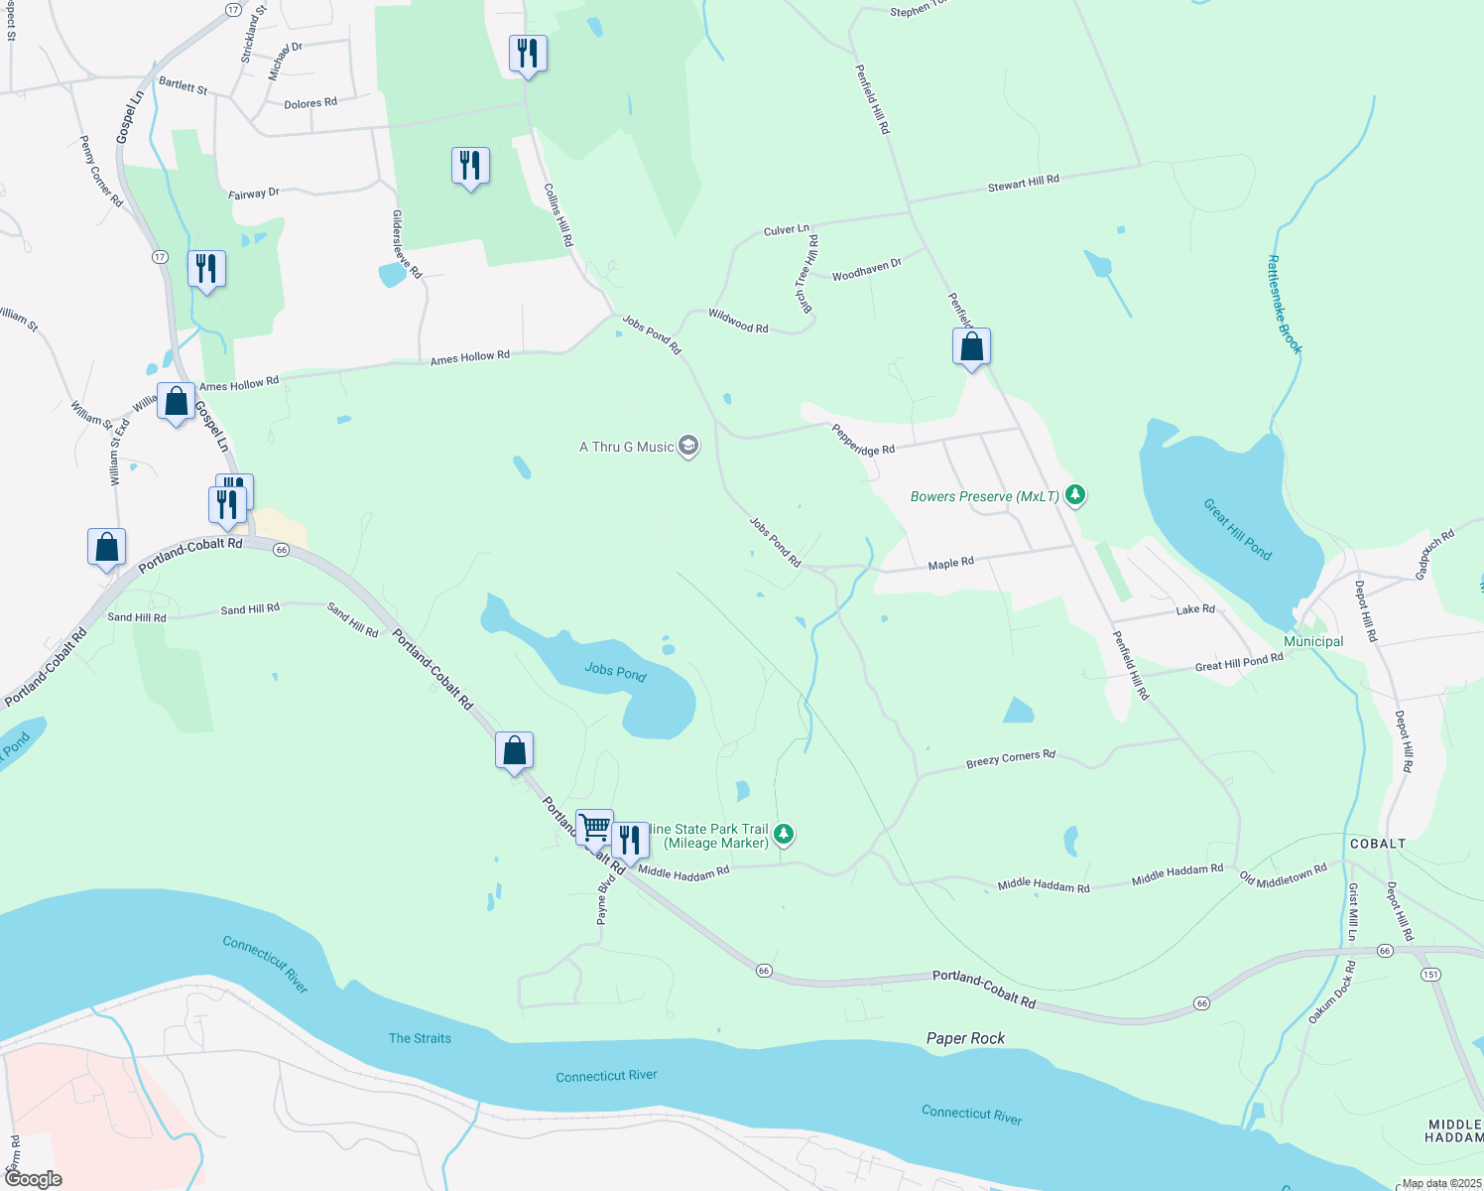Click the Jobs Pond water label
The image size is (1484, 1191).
(615, 672)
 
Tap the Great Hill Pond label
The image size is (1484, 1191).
(1237, 530)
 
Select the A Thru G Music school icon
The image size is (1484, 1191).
(688, 447)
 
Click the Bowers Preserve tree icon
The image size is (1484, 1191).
(1074, 495)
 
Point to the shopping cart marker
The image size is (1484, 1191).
(594, 827)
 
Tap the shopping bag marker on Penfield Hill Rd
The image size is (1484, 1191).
(971, 347)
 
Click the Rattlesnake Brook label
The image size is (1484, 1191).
(1284, 305)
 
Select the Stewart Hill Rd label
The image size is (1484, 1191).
(1023, 183)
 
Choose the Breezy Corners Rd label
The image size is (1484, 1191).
(1010, 759)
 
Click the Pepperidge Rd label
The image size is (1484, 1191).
(862, 440)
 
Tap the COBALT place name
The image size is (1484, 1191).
(1377, 844)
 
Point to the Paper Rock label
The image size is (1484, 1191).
(965, 1038)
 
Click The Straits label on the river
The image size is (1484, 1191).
(420, 1038)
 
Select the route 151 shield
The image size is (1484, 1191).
(1430, 975)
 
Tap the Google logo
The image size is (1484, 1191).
(34, 1178)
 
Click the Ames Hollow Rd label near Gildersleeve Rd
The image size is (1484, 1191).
(469, 357)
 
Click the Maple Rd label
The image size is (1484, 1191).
(950, 564)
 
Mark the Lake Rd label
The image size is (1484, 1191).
(1194, 609)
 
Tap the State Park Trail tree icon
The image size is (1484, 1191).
(784, 834)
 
